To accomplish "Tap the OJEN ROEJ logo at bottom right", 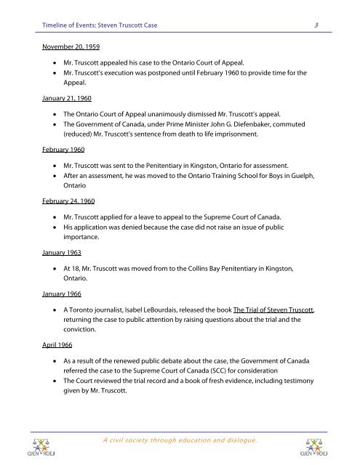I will [x=316, y=442].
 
